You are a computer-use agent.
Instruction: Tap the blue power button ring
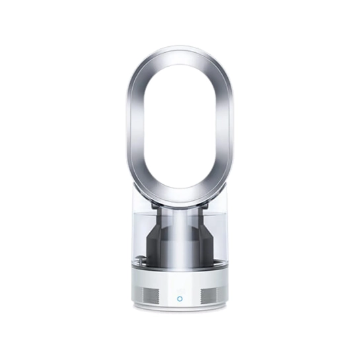[x=180, y=299]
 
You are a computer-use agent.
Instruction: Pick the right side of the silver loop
[x=229, y=126]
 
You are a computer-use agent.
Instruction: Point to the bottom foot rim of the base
[x=180, y=309]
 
